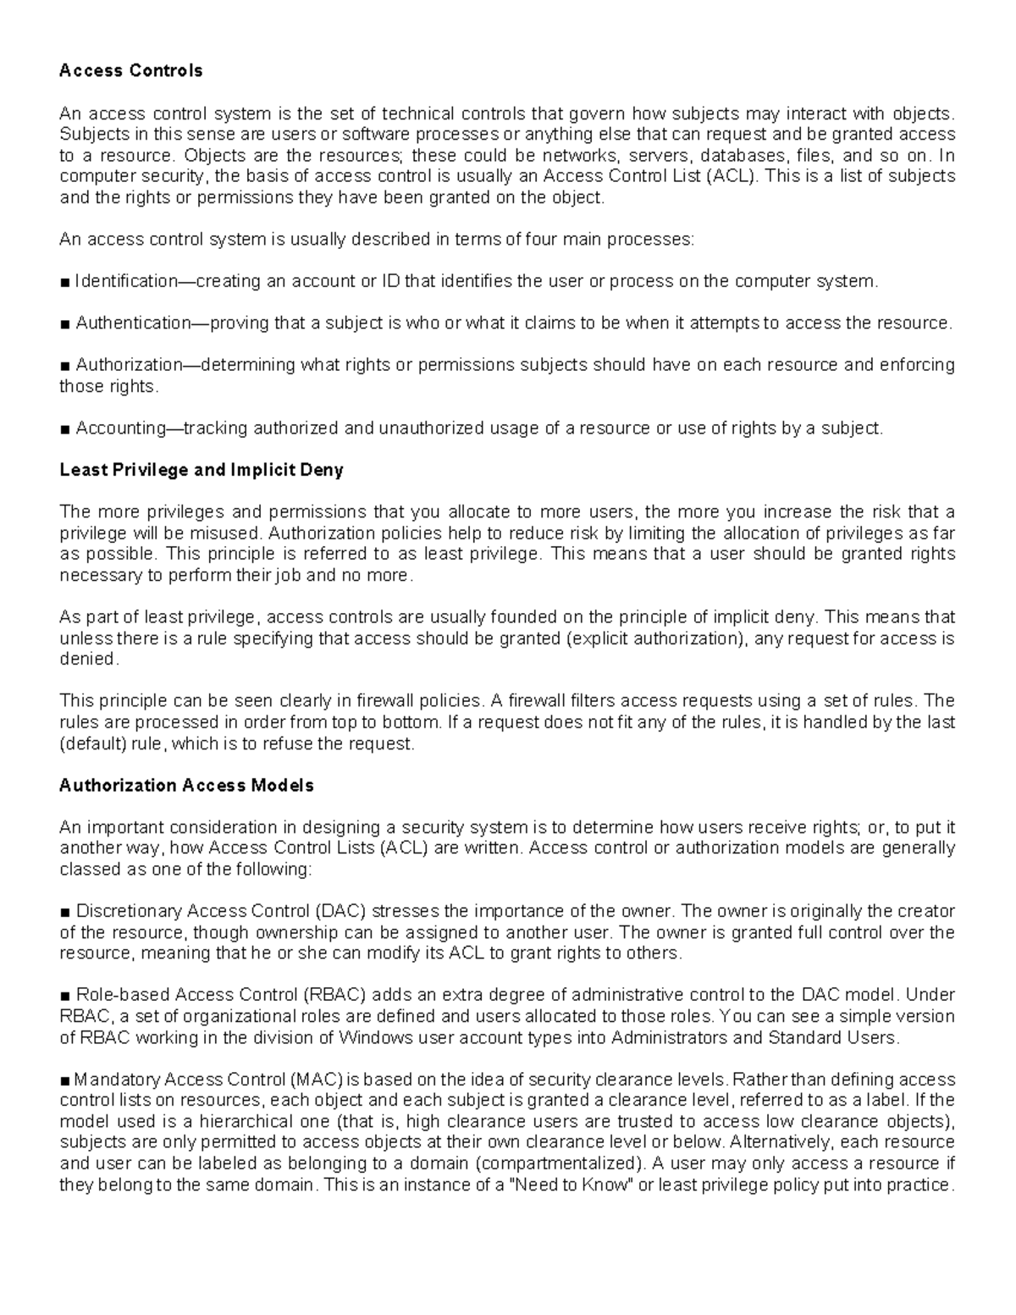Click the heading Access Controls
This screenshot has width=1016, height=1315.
pyautogui.click(x=130, y=71)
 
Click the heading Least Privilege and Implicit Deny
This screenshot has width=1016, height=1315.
pyautogui.click(x=201, y=470)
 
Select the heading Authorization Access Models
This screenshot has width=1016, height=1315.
pyautogui.click(x=186, y=786)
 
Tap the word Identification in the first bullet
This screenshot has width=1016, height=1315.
pyautogui.click(x=126, y=281)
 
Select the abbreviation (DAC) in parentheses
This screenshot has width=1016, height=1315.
pyautogui.click(x=340, y=911)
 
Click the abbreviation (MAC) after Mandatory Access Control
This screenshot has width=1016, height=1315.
pyautogui.click(x=315, y=1080)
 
